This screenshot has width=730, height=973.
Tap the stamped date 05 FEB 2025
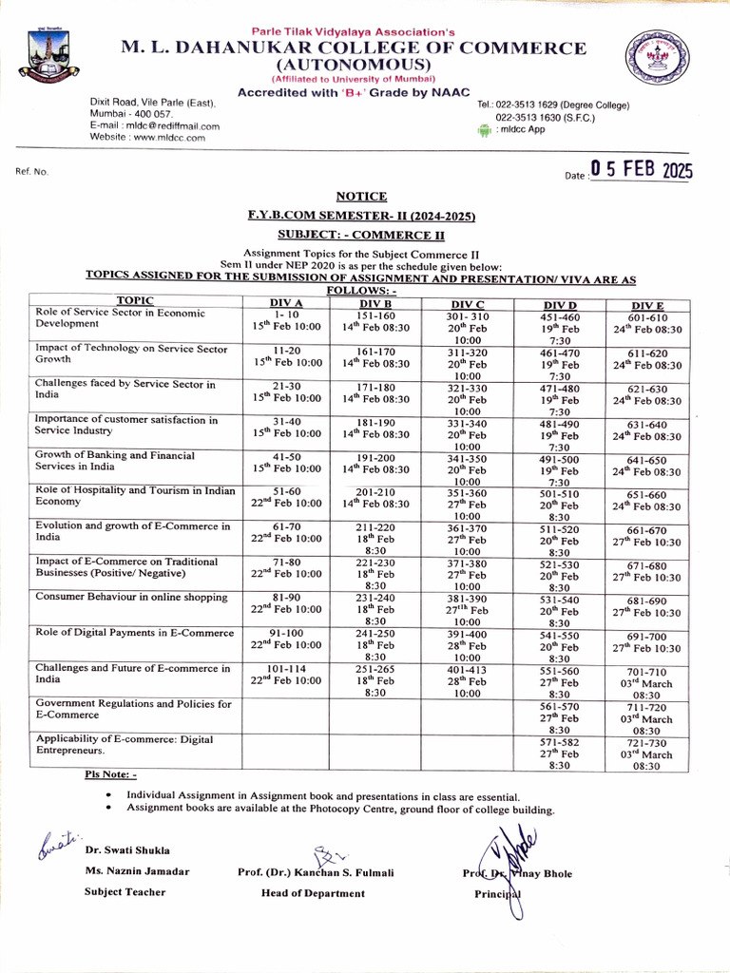[x=642, y=171]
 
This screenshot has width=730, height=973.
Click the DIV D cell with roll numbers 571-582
[x=558, y=751]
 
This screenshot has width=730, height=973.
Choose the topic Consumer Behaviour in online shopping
[x=131, y=597]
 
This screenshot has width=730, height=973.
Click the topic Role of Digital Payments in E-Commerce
[x=134, y=633]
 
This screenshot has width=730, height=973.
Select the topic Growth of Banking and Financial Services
[x=115, y=461]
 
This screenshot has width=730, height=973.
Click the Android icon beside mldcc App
[x=483, y=131]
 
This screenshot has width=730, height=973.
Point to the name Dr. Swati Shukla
[x=127, y=850]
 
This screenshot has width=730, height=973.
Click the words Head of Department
[x=313, y=893]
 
